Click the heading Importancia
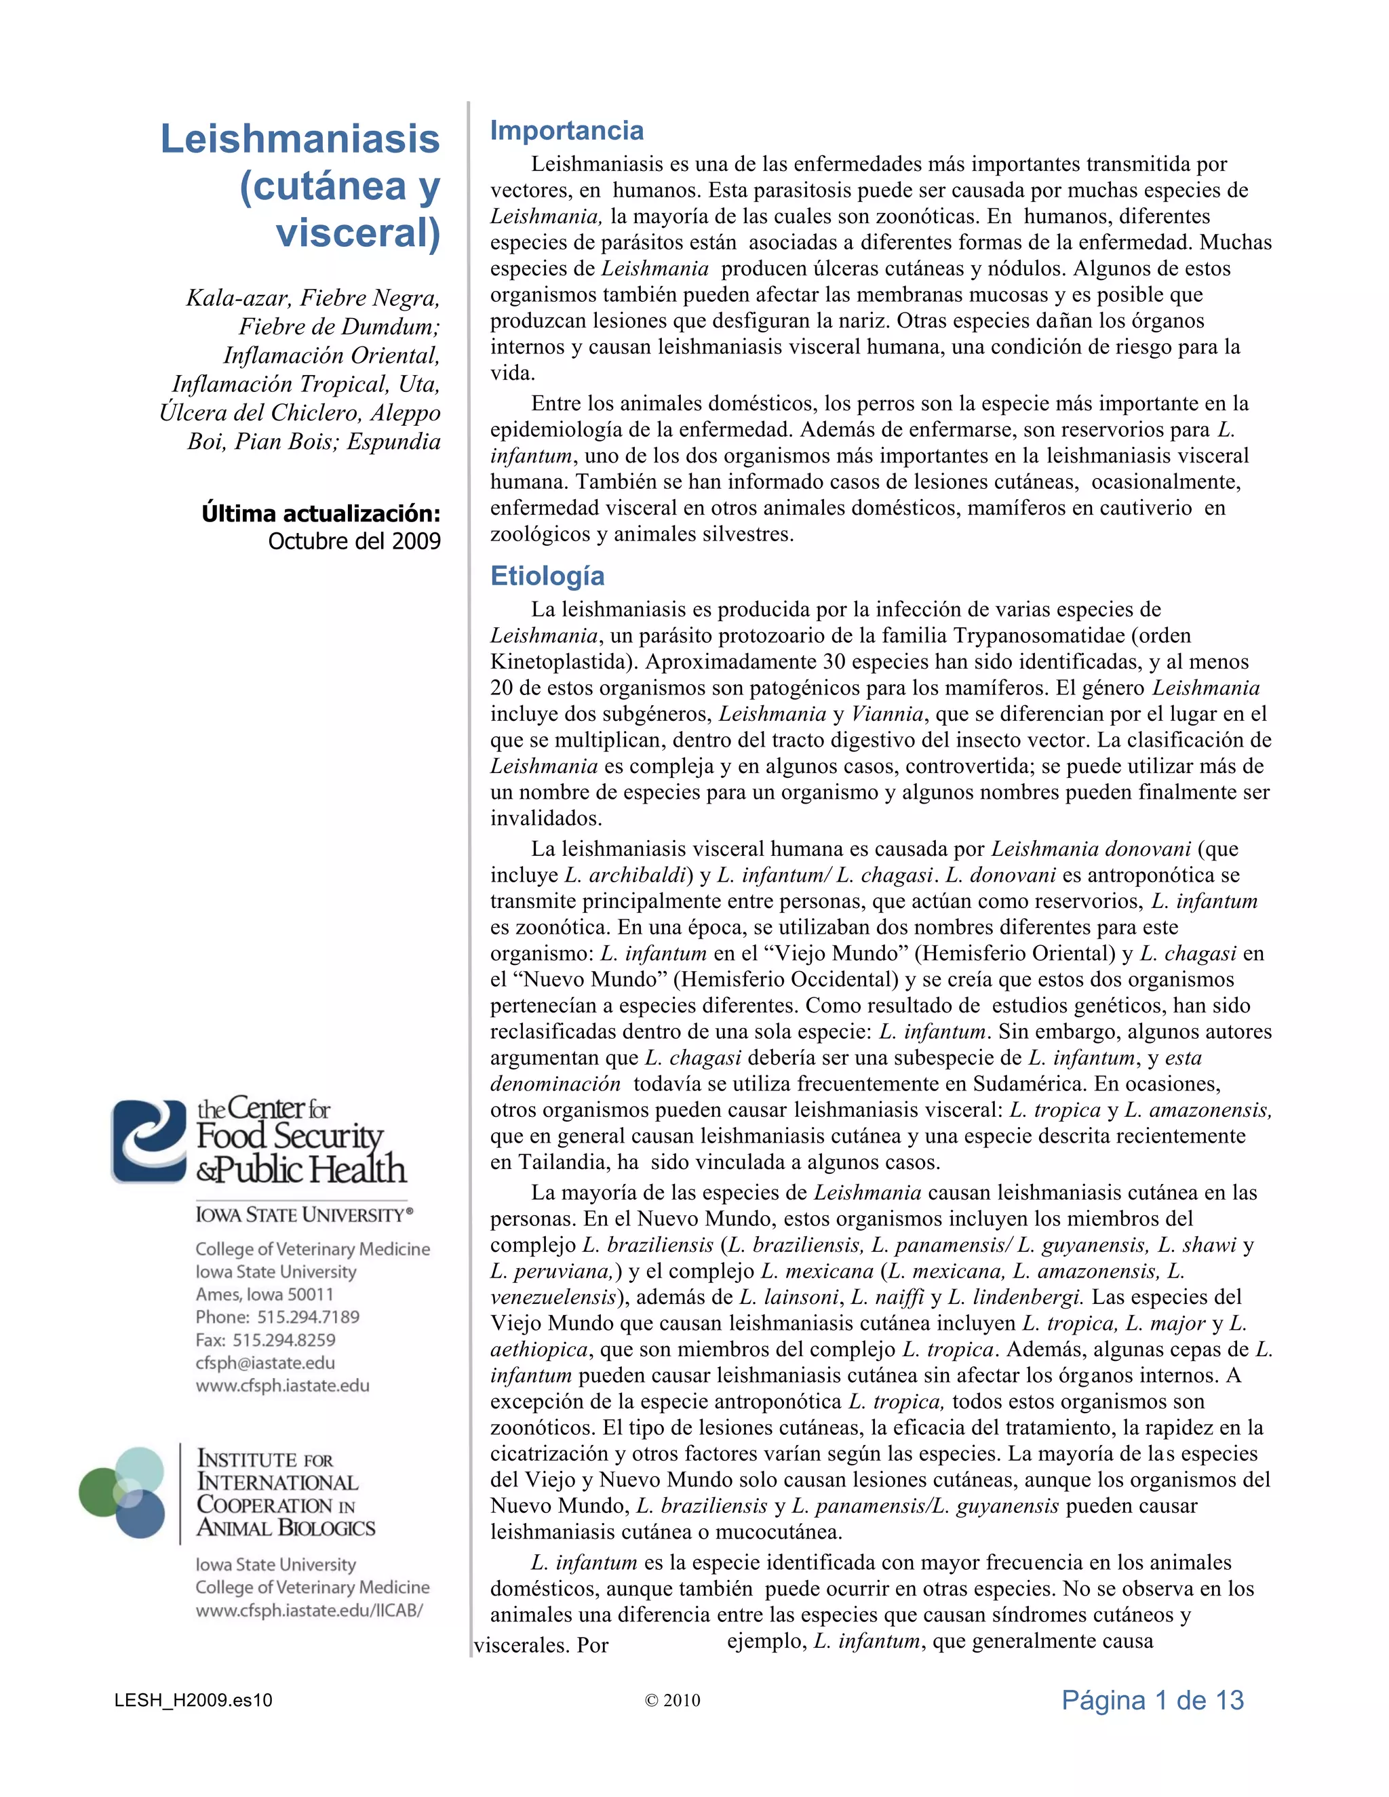[x=566, y=131]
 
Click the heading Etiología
[x=547, y=576]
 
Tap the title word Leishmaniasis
[x=300, y=138]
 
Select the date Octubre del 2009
[x=354, y=541]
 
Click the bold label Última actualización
[x=321, y=513]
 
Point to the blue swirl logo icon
[x=149, y=1141]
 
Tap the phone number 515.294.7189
[x=308, y=1316]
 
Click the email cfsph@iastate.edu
[x=265, y=1362]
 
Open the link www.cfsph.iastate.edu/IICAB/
[x=309, y=1611]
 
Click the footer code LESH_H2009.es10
[x=193, y=1701]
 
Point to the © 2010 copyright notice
[x=672, y=1701]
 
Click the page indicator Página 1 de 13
[x=1152, y=1700]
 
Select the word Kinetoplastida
[x=564, y=663]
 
